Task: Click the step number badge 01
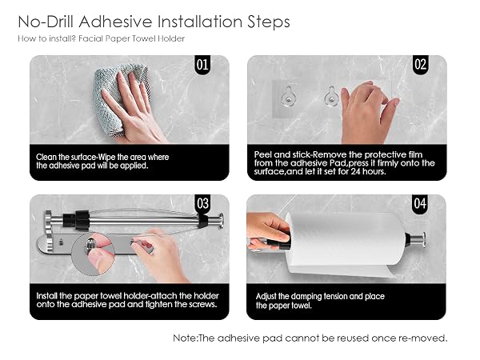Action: [202, 65]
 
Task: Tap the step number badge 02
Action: [420, 65]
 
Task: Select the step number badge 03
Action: [202, 204]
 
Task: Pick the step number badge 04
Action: [420, 204]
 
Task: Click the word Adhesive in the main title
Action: [116, 22]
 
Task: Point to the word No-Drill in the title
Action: [46, 22]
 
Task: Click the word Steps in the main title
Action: [269, 22]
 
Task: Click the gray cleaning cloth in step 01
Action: [116, 98]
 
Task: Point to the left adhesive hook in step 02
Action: [289, 97]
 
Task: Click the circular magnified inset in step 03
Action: [93, 254]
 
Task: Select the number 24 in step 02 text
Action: [356, 171]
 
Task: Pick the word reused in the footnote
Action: [353, 338]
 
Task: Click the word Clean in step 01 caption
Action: [46, 157]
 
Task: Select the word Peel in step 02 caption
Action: [263, 154]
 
